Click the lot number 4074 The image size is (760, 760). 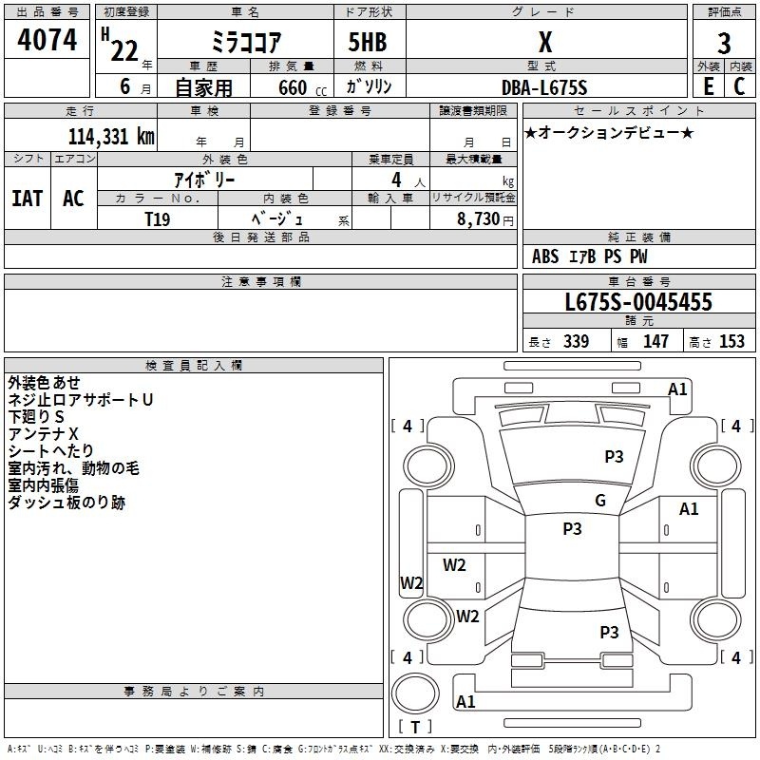tap(47, 40)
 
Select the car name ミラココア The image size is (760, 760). tap(243, 43)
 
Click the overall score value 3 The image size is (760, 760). tap(724, 44)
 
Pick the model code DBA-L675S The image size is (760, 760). tap(544, 87)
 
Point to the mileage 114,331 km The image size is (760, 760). tap(111, 136)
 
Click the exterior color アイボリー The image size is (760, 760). tap(204, 179)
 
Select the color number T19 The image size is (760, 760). tap(158, 218)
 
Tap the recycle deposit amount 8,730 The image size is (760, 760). tap(479, 218)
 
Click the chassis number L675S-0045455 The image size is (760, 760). tap(637, 302)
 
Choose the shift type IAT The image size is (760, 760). tap(27, 198)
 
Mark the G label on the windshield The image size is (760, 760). tap(600, 500)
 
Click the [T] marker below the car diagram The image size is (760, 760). tap(415, 728)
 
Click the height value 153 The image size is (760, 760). tap(731, 342)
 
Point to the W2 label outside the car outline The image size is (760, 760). tap(410, 583)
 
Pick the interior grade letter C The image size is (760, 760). tap(739, 86)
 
